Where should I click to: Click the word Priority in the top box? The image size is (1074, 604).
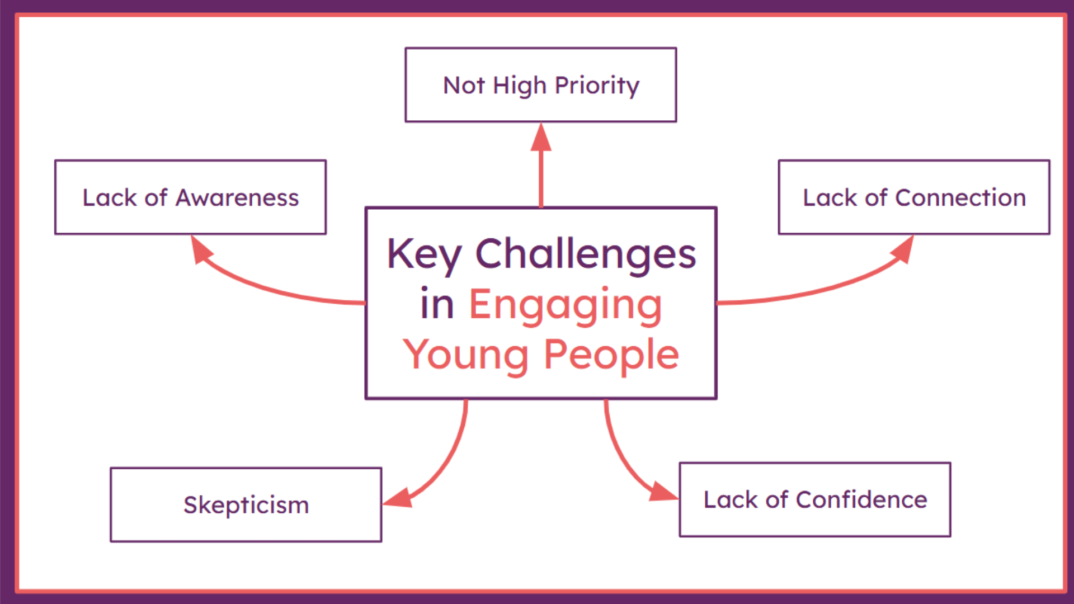click(597, 86)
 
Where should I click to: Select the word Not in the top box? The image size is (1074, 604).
click(464, 86)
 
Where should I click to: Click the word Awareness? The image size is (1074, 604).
click(238, 198)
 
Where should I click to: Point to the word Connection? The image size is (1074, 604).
click(960, 198)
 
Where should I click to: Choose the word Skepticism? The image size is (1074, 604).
click(246, 505)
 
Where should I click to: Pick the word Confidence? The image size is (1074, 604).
click(861, 499)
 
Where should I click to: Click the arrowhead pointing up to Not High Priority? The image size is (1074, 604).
click(541, 139)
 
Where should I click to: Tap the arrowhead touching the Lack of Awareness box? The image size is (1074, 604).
click(200, 249)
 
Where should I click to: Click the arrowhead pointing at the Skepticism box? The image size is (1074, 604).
click(398, 498)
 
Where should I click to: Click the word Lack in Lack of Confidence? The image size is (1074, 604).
click(730, 499)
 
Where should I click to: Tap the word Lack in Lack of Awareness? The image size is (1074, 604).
click(109, 198)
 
